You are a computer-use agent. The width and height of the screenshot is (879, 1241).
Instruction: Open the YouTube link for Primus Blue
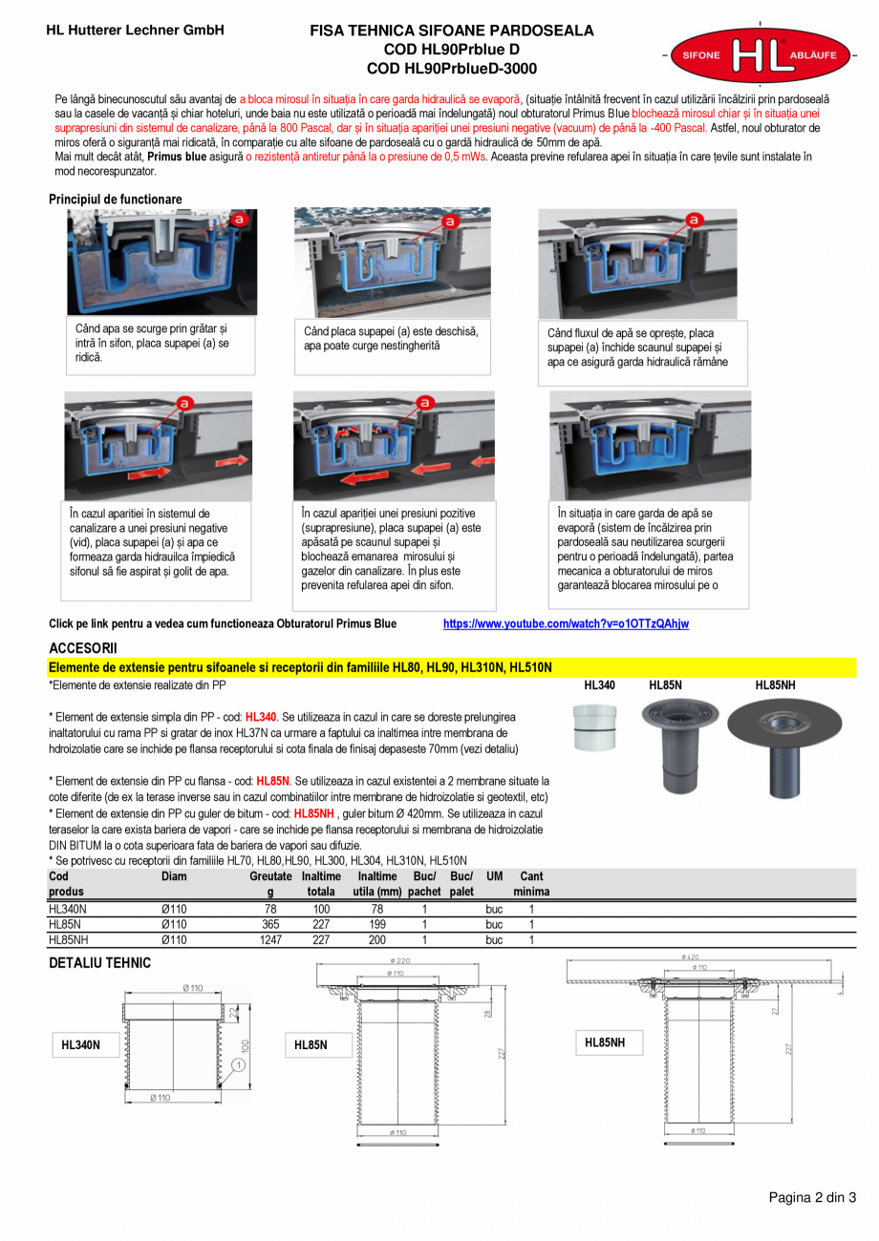[x=566, y=623]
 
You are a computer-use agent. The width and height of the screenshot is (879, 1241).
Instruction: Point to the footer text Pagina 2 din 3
[x=812, y=1198]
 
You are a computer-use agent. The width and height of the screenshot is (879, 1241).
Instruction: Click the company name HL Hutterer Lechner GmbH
[x=135, y=31]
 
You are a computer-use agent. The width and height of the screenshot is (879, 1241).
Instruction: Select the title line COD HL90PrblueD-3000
[x=452, y=69]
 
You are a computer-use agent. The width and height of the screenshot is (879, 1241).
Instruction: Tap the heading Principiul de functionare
[x=115, y=200]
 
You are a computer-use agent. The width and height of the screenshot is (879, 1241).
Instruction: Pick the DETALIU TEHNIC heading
[x=99, y=963]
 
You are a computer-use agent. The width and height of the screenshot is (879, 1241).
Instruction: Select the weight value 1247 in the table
[x=270, y=938]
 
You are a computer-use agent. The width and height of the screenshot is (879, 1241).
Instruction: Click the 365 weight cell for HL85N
[x=270, y=924]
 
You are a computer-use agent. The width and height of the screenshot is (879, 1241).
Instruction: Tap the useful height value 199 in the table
[x=377, y=924]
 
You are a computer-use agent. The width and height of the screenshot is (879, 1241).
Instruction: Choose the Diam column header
[x=174, y=876]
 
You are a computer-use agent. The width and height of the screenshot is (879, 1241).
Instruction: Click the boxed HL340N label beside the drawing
[x=80, y=1045]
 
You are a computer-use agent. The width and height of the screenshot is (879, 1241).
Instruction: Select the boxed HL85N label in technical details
[x=311, y=1045]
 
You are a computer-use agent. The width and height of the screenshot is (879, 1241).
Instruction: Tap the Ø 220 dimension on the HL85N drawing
[x=401, y=960]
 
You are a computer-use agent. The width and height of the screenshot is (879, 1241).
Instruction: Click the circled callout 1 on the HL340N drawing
[x=237, y=1065]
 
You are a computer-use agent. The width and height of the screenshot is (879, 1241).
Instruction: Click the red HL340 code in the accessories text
[x=260, y=716]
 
